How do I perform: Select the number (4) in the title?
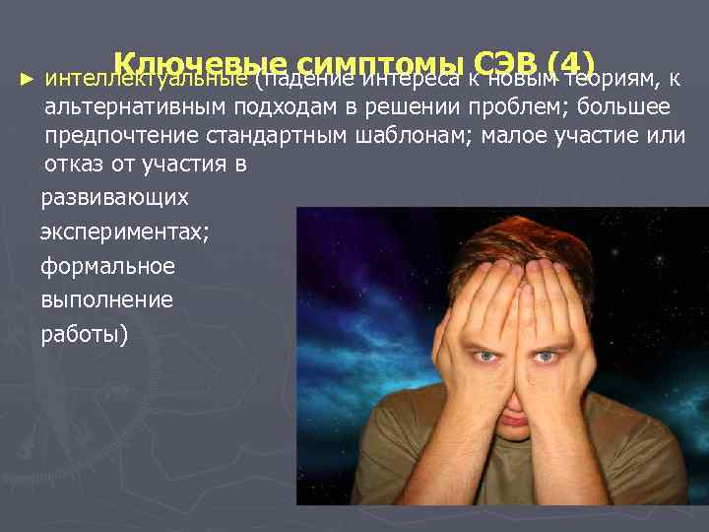[x=558, y=61]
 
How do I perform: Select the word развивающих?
[x=114, y=197]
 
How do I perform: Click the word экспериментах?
[x=124, y=233]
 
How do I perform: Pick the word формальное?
[x=107, y=266]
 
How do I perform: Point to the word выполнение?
[x=106, y=299]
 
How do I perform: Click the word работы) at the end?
[x=84, y=333]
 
